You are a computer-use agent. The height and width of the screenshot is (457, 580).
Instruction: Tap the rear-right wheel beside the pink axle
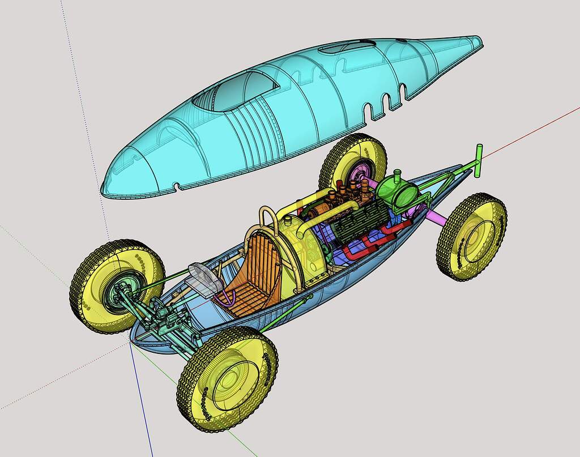click(x=472, y=237)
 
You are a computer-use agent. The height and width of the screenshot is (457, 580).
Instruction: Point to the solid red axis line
click(x=538, y=125)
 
